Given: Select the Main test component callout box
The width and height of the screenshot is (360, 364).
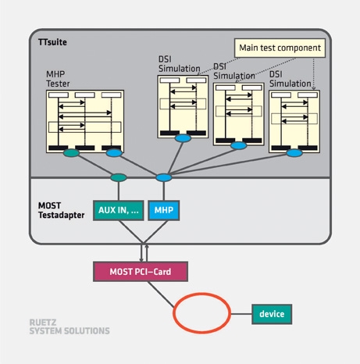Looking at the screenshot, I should point(279,48).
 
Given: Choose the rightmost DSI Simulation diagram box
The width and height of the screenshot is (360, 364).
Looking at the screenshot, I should point(294,120).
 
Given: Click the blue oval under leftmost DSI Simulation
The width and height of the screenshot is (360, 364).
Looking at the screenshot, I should point(183,138).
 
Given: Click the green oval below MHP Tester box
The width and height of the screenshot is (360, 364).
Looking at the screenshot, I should point(71,153).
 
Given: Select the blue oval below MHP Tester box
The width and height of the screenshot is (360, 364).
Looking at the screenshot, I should point(115,152).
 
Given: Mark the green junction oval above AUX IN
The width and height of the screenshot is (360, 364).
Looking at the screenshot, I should point(119,177).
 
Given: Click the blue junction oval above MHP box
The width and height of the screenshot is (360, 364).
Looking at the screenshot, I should point(163,177).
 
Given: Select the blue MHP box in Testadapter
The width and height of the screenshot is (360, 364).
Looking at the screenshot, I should point(164,210).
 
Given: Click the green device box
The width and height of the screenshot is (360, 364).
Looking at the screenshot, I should point(271,314).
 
